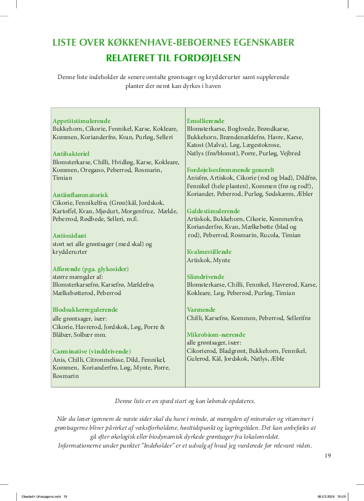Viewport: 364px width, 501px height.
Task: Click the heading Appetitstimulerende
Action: pos(81,121)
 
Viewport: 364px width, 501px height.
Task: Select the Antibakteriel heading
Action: pos(71,153)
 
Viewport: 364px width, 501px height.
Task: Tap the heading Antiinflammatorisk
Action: pos(80,195)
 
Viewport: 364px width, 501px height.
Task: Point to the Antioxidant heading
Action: pos(70,235)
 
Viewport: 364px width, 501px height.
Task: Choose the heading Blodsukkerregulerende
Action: pos(85,309)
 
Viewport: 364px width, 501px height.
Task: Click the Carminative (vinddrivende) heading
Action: pos(91,351)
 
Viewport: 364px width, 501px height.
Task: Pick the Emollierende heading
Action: pos(206,121)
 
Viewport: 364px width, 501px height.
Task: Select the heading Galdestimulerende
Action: pos(213,211)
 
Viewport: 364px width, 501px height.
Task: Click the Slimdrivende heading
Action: pos(206,277)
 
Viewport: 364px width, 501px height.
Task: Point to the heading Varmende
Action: pos(201,310)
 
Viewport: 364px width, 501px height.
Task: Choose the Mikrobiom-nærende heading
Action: pos(216,335)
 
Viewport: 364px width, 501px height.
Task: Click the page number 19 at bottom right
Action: pos(328,455)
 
